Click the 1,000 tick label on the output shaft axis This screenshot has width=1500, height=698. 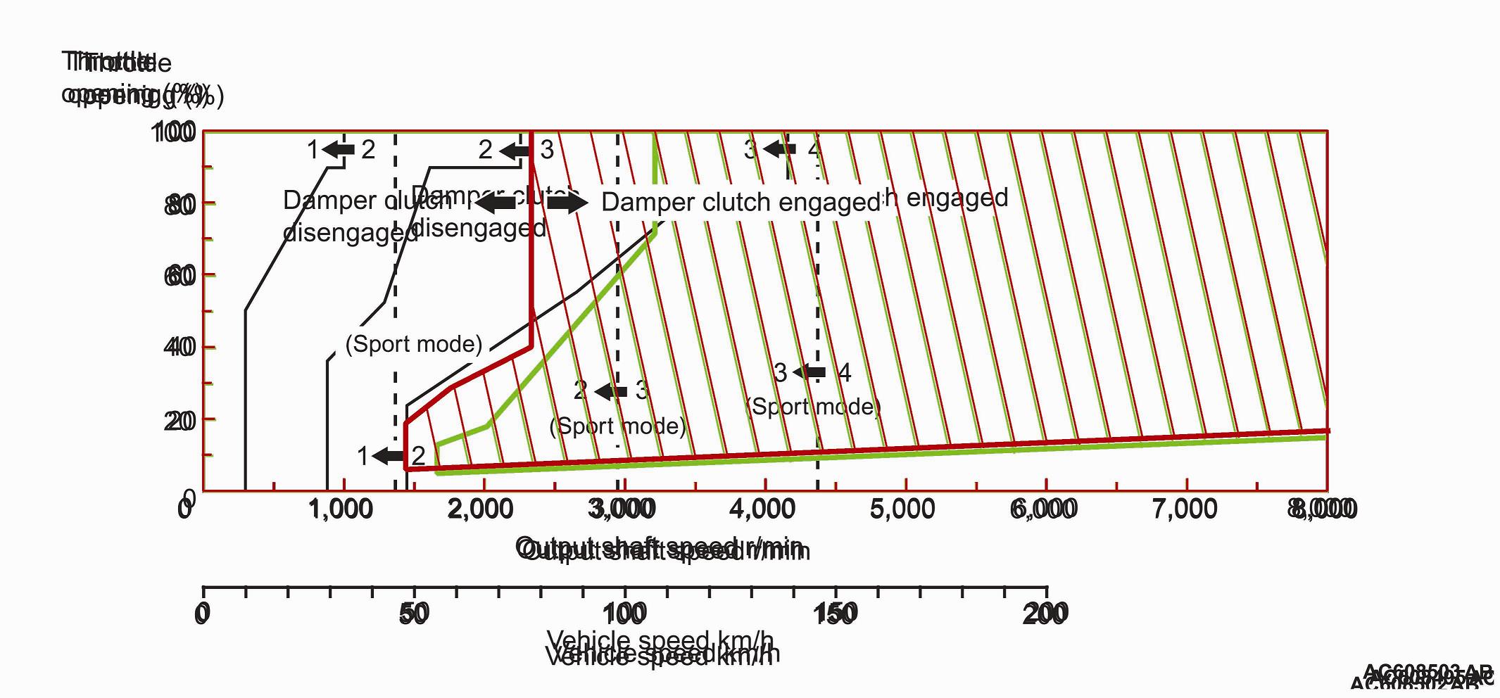(341, 509)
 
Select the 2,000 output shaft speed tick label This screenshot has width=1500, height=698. (481, 509)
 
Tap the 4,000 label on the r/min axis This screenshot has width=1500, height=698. (763, 509)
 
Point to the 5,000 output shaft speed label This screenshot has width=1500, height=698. (903, 509)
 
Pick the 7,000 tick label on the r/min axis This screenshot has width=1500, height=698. (1185, 509)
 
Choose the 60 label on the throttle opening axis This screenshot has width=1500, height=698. (180, 276)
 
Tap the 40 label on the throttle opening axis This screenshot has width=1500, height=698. (180, 347)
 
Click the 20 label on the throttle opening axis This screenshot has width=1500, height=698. (180, 421)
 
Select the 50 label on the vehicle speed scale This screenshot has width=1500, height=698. (414, 614)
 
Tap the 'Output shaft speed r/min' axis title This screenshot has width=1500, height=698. (662, 548)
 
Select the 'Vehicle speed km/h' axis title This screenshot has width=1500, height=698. (662, 648)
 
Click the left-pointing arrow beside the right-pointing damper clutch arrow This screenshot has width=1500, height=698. (496, 203)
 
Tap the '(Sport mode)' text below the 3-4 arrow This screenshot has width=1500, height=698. (813, 407)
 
